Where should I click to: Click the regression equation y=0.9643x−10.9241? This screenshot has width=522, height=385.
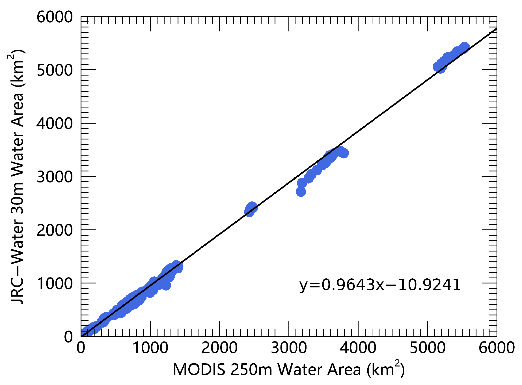[x=380, y=285]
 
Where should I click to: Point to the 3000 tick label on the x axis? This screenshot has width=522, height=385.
[x=289, y=348]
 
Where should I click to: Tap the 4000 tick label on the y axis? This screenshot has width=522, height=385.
[x=55, y=124]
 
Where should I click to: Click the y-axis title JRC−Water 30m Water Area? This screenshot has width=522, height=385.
[x=17, y=177]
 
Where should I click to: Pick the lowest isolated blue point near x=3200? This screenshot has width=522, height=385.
[x=301, y=192]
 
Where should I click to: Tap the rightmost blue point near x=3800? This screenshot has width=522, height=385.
[x=344, y=153]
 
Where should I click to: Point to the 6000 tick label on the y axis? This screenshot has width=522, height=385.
[x=55, y=17]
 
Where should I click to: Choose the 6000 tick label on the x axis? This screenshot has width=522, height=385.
[x=496, y=348]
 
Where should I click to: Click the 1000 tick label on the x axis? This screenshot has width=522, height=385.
[x=150, y=348]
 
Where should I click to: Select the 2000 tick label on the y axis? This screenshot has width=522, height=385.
[x=55, y=230]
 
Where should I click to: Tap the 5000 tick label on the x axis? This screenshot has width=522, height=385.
[x=427, y=348]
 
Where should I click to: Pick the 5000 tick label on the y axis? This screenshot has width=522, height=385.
[x=55, y=70]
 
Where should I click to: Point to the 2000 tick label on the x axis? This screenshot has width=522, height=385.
[x=219, y=348]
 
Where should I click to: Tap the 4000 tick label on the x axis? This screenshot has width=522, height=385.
[x=358, y=348]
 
